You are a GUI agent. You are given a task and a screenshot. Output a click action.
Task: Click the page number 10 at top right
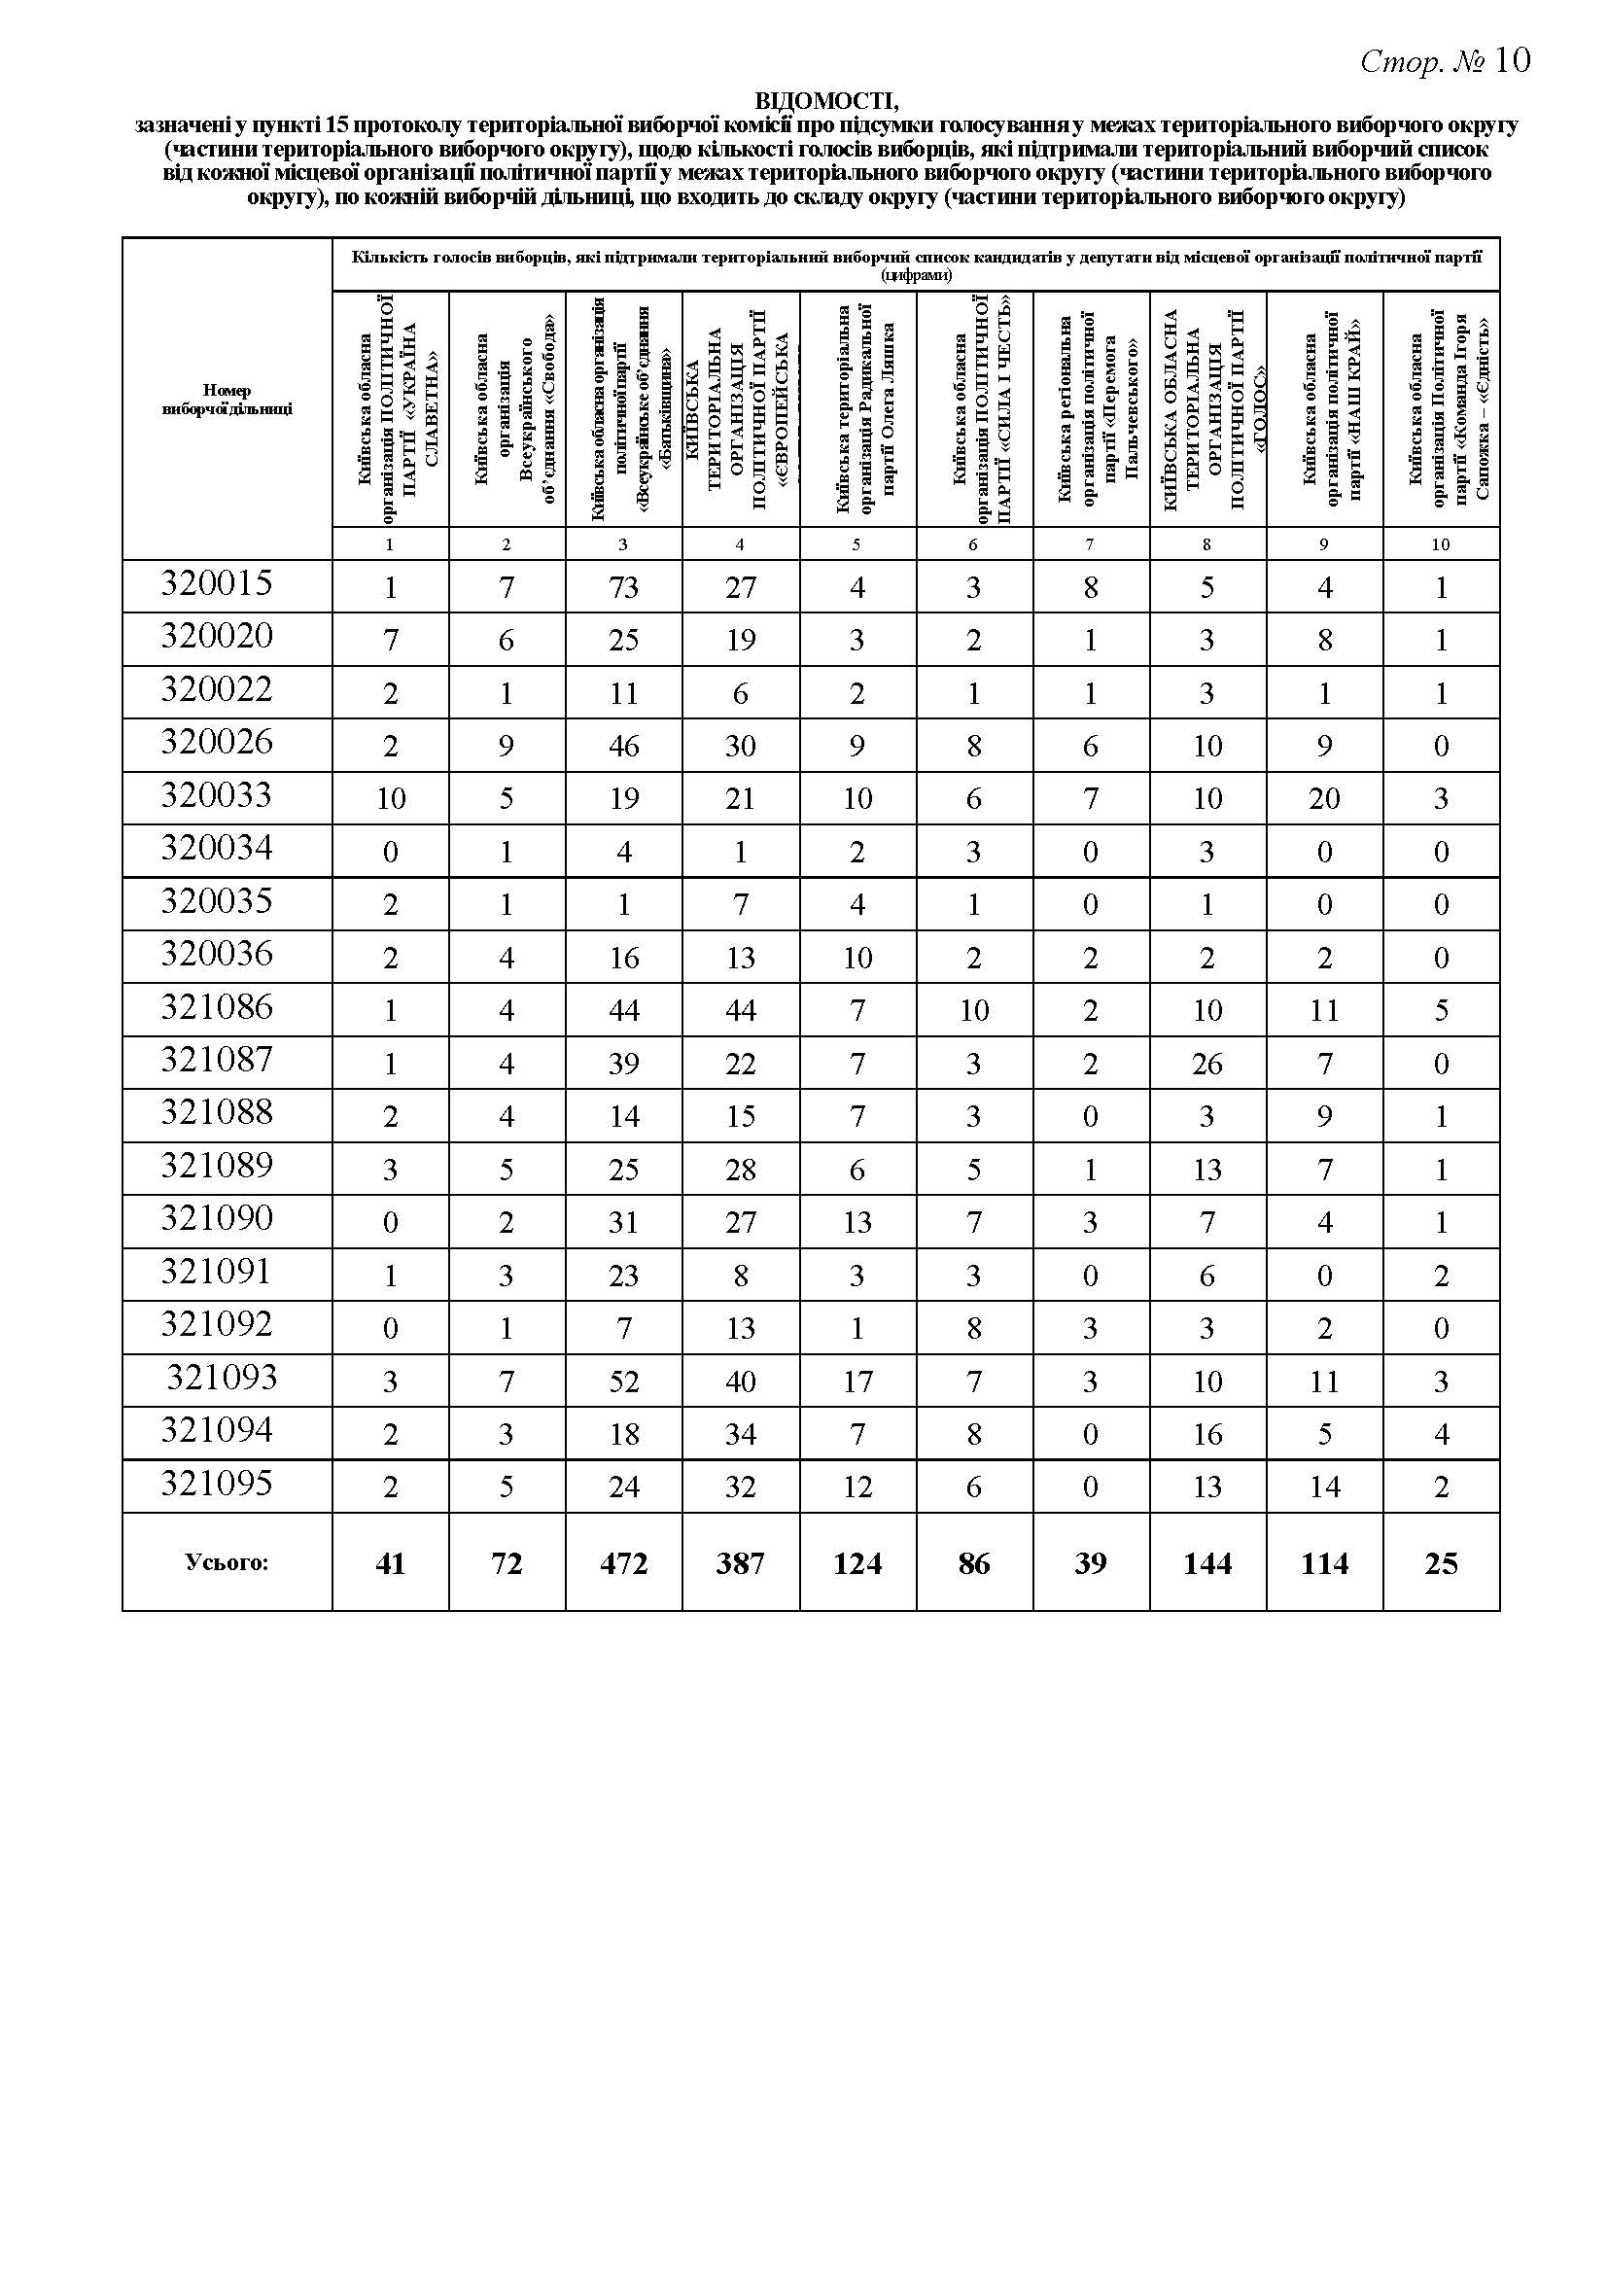pos(1513,61)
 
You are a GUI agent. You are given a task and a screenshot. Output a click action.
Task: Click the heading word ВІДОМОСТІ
pos(826,101)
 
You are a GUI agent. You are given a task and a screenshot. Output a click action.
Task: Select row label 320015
pos(217,583)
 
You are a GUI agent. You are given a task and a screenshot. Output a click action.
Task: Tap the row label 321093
pos(222,1378)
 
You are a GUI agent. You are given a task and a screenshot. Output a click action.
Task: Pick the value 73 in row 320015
pos(624,587)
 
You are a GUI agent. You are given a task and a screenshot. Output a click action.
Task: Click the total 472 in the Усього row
pos(624,1563)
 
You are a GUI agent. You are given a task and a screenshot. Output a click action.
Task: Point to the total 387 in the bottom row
pos(741,1563)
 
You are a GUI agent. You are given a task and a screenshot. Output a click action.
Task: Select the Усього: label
pos(227,1563)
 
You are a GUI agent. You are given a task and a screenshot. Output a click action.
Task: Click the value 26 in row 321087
pos(1207,1064)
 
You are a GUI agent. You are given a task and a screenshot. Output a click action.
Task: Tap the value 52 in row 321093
pos(624,1382)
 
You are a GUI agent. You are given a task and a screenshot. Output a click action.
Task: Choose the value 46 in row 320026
pos(624,746)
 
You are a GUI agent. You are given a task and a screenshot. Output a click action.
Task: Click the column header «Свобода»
pos(507,408)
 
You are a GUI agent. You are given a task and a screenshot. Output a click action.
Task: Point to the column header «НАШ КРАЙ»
pos(1324,408)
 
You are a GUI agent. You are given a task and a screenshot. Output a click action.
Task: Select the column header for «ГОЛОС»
pos(1207,408)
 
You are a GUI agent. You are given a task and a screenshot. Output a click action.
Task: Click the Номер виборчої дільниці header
pos(227,400)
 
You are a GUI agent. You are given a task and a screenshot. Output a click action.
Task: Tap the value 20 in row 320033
pos(1324,798)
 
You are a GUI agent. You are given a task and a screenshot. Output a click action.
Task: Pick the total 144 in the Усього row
pos(1207,1563)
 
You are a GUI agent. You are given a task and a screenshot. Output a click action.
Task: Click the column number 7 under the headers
pos(1090,543)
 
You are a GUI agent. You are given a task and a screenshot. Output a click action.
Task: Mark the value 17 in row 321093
pos(857,1382)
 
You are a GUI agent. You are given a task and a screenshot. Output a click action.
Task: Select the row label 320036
pos(217,954)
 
